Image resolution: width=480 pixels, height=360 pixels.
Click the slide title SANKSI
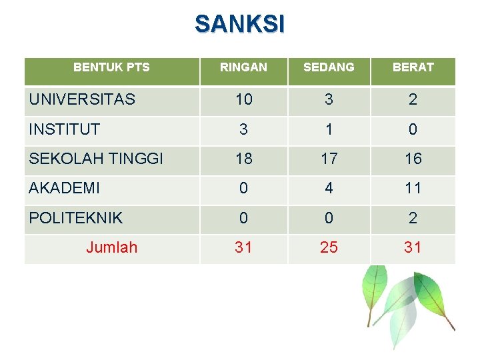point(239,24)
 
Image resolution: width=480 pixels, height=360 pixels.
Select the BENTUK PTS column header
point(111,67)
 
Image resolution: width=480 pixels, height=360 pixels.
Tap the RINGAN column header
point(243,67)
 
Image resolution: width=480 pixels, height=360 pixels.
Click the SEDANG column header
point(329,67)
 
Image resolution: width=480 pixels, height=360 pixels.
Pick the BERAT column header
point(413,67)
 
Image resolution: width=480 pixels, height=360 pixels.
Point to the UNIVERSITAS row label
point(82,100)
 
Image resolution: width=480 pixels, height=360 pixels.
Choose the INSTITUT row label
point(65,129)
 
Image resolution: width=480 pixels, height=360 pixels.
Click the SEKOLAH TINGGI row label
point(96,159)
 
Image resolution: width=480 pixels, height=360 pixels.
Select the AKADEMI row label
point(65,189)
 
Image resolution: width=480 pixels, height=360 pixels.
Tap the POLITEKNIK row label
point(76,218)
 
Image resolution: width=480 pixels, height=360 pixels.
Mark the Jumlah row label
point(111,248)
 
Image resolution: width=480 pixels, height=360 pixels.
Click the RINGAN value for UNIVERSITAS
point(243,100)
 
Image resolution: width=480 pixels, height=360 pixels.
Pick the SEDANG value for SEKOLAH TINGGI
point(329,159)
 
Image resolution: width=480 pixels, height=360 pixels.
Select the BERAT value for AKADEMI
point(413,189)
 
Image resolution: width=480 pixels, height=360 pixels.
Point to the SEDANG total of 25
point(329,248)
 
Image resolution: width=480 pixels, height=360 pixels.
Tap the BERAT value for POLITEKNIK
point(413,218)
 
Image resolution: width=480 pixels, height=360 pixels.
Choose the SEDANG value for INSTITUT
point(329,129)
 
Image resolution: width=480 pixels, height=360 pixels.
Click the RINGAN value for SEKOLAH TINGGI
point(243,159)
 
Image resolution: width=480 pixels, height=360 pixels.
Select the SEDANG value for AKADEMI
point(329,189)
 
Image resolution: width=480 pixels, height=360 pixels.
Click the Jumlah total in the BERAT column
point(413,248)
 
